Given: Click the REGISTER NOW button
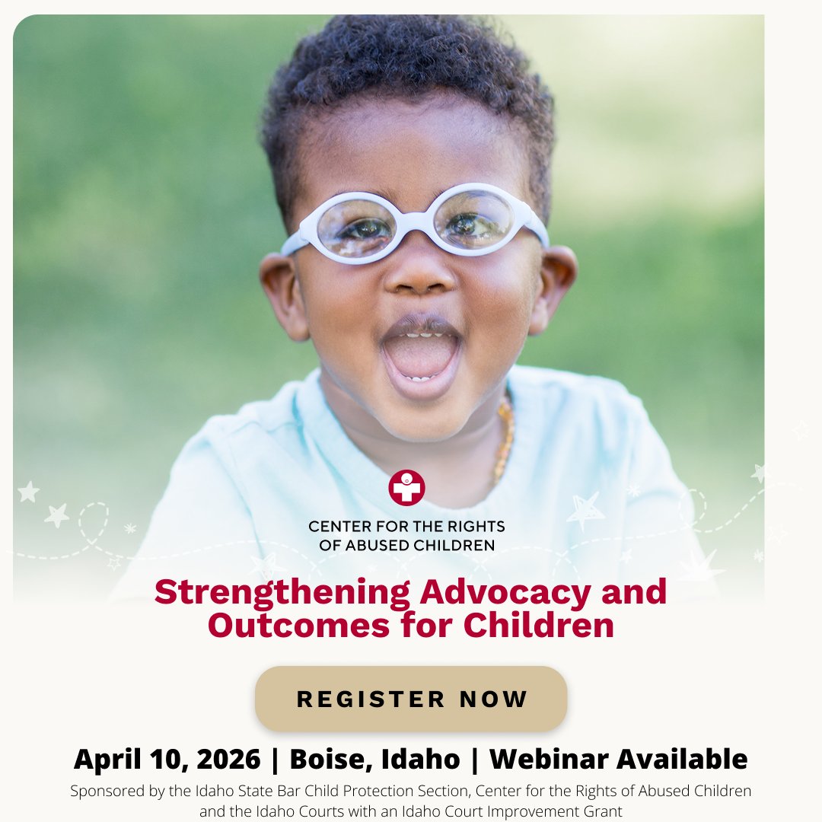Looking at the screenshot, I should (411, 699).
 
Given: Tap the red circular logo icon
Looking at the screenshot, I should (406, 488).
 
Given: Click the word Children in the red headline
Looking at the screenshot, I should (538, 625).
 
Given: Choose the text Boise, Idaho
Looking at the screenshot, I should (374, 759).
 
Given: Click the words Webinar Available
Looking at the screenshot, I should (618, 759).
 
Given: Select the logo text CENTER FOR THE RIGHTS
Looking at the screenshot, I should (406, 526).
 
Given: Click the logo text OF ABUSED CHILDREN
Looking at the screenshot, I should (406, 545).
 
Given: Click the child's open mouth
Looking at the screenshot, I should (421, 355).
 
